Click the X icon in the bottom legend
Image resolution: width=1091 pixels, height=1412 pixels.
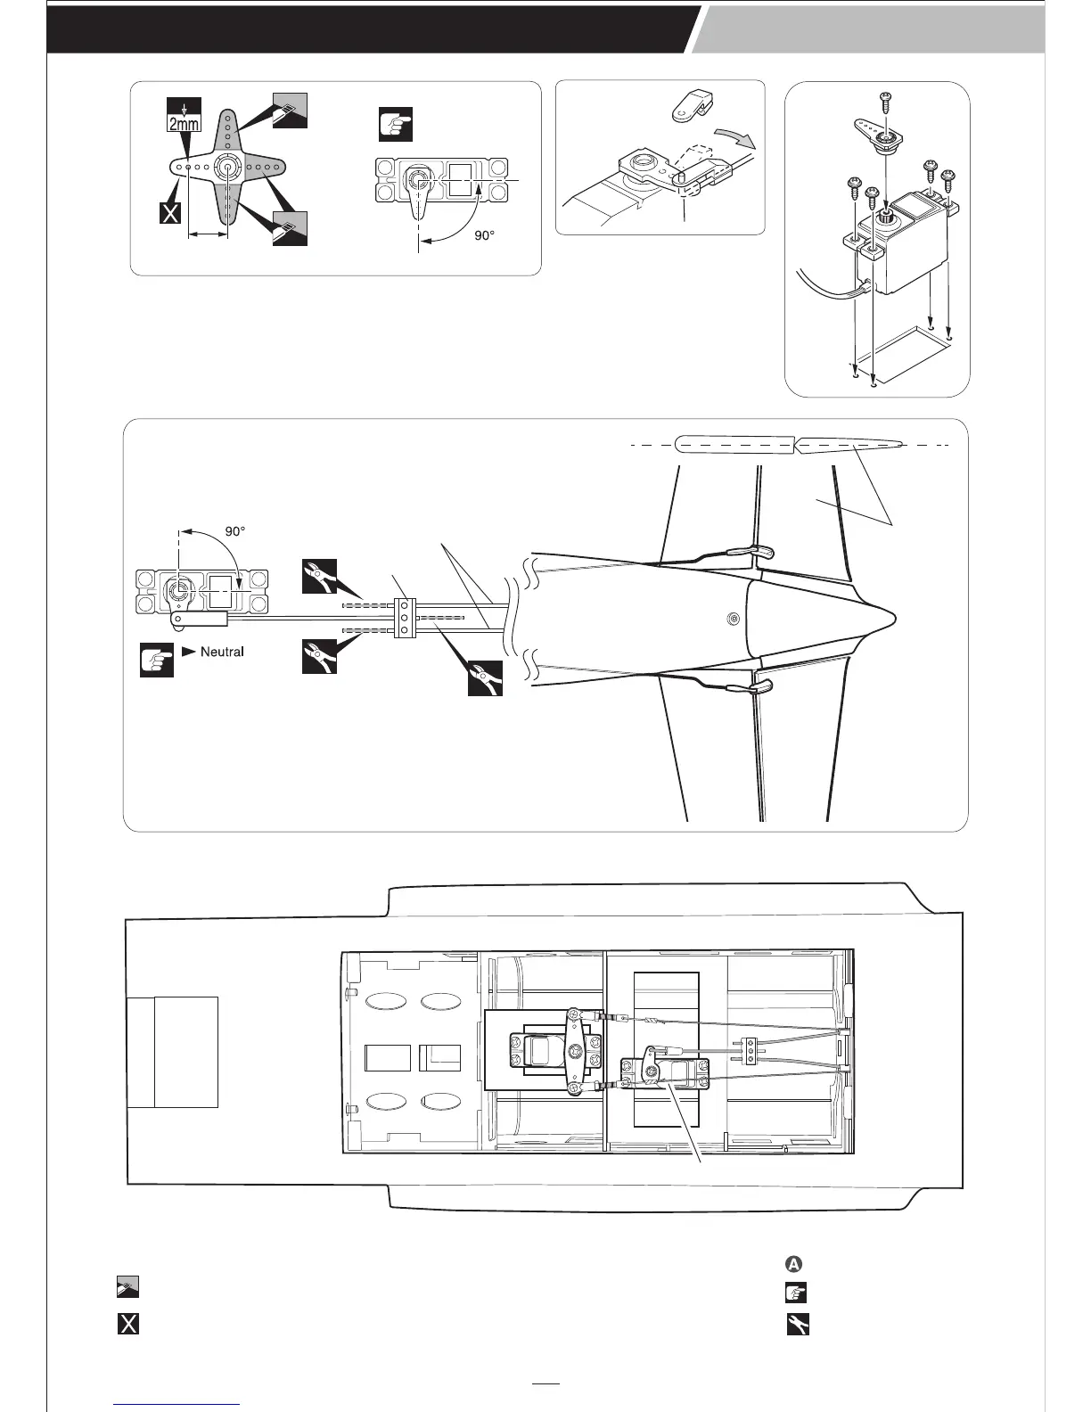click(x=128, y=1324)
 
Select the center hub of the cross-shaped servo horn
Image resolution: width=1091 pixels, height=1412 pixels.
click(x=226, y=167)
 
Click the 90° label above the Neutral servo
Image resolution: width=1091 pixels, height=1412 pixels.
click(x=235, y=530)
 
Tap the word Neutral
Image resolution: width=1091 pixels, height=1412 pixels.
click(x=222, y=652)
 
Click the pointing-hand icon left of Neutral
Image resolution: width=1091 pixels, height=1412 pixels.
click(x=157, y=661)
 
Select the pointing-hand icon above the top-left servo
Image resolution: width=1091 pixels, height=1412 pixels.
click(x=395, y=125)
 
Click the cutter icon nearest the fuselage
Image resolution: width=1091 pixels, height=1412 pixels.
click(x=486, y=678)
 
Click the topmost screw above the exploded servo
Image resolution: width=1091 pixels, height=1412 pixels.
click(x=887, y=100)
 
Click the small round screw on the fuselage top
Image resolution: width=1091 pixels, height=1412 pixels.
click(x=733, y=619)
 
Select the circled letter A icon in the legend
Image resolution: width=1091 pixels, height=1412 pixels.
click(x=794, y=1264)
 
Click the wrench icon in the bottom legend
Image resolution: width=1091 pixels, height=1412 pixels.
click(x=797, y=1326)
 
